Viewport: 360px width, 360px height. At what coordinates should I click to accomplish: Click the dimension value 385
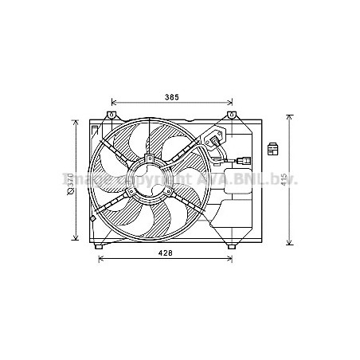[171, 97]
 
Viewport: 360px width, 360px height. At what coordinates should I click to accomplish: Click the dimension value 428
[163, 253]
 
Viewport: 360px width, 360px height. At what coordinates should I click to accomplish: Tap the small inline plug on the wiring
[241, 164]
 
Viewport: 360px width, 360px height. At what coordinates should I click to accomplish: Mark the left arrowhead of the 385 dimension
[114, 103]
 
